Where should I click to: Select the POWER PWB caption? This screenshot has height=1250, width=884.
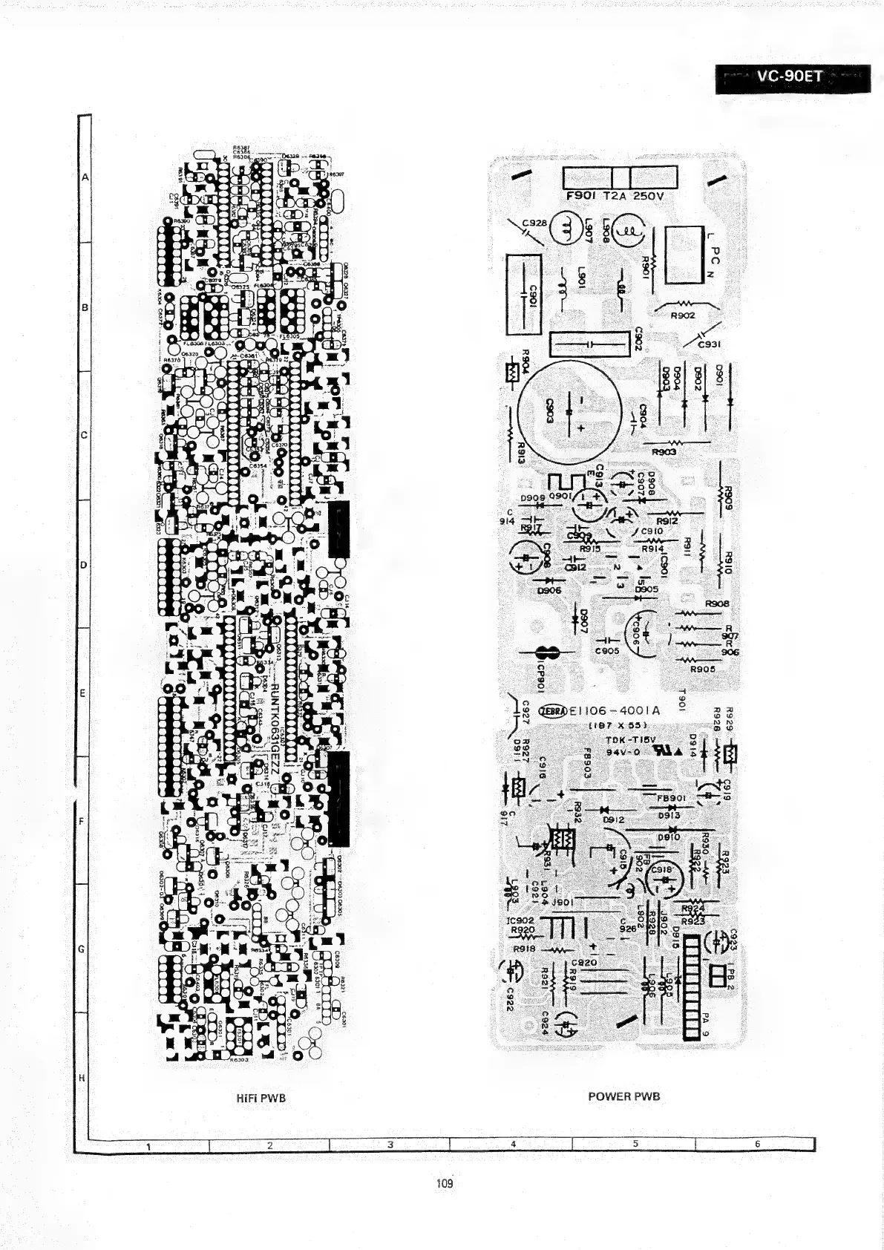click(623, 1096)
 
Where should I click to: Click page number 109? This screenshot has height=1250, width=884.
click(445, 1182)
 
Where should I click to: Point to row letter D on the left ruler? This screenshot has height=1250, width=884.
click(84, 565)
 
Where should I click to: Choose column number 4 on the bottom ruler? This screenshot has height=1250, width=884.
click(513, 1144)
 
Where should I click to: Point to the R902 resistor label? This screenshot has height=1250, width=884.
click(682, 315)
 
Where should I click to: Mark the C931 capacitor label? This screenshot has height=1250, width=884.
click(710, 344)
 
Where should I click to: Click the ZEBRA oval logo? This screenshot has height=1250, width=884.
click(554, 710)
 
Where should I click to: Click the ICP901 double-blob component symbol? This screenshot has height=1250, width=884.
click(547, 653)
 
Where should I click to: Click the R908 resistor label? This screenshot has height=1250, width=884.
click(716, 604)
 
